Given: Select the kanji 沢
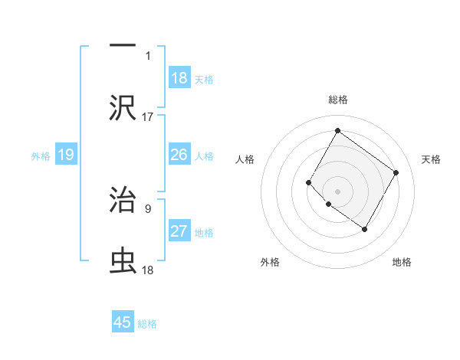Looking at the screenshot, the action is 123,107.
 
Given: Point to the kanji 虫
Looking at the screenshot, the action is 123,261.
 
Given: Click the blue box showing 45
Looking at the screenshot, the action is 123,322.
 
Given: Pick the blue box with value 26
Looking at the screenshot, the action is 179,155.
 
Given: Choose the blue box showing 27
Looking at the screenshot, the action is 179,231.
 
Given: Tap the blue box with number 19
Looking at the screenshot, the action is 66,155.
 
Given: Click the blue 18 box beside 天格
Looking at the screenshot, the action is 179,78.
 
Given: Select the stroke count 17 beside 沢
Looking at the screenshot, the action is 148,117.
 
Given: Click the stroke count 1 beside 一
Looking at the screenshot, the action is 148,56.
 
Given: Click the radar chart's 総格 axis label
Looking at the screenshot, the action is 337,100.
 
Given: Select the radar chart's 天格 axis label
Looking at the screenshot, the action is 431,159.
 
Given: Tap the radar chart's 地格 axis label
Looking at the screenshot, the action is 402,262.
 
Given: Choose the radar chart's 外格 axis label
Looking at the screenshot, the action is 270,262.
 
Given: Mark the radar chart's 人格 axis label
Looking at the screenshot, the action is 245,159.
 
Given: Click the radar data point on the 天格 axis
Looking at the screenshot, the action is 396,172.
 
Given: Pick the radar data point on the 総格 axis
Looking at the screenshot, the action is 337,131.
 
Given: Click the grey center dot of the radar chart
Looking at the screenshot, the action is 337,191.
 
